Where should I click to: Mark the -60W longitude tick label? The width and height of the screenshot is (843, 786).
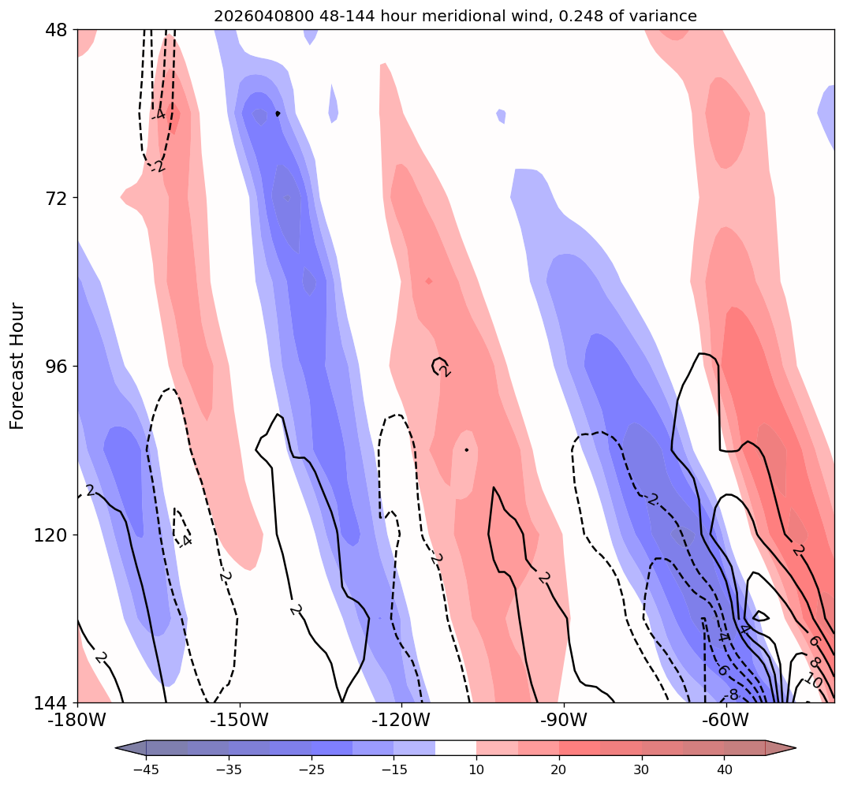click(725, 720)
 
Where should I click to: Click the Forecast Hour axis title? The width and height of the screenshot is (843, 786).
click(17, 366)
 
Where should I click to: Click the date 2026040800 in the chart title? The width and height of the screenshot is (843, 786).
click(259, 16)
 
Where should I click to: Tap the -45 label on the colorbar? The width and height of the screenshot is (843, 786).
click(146, 769)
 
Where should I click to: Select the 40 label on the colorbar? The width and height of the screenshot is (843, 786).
click(725, 769)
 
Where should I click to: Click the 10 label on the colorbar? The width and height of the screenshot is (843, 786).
click(476, 769)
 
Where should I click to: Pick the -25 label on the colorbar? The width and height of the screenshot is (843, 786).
click(311, 769)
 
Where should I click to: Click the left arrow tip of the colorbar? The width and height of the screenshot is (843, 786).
click(117, 747)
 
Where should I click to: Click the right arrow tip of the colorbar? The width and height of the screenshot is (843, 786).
click(795, 747)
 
